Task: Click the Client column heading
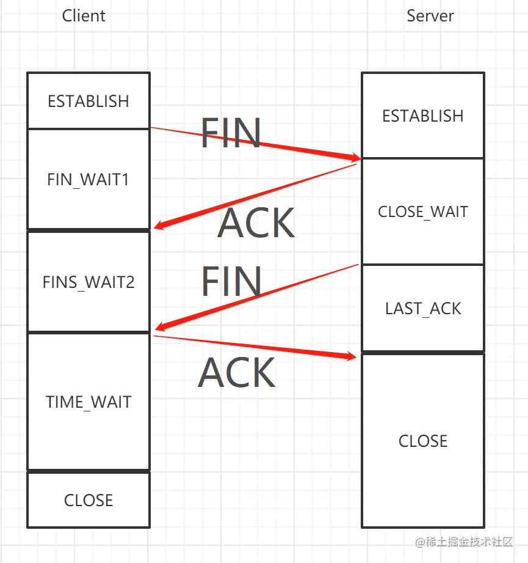(84, 15)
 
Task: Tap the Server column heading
(430, 15)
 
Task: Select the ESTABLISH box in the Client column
(89, 101)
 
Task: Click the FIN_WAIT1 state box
(89, 180)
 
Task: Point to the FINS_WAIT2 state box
(89, 282)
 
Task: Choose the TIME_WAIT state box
(89, 402)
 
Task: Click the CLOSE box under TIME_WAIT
(89, 500)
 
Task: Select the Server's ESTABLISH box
(423, 116)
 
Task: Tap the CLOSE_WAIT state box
(423, 212)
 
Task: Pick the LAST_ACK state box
(423, 309)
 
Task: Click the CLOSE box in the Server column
(423, 441)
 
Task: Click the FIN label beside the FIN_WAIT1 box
(231, 133)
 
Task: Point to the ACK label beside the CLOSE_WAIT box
(256, 223)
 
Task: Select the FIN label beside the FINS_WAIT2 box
(231, 281)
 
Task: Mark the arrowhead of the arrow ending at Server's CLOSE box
(352, 355)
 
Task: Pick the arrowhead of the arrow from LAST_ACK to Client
(159, 328)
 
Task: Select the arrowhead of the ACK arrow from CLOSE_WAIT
(159, 226)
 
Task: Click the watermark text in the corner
(463, 542)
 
